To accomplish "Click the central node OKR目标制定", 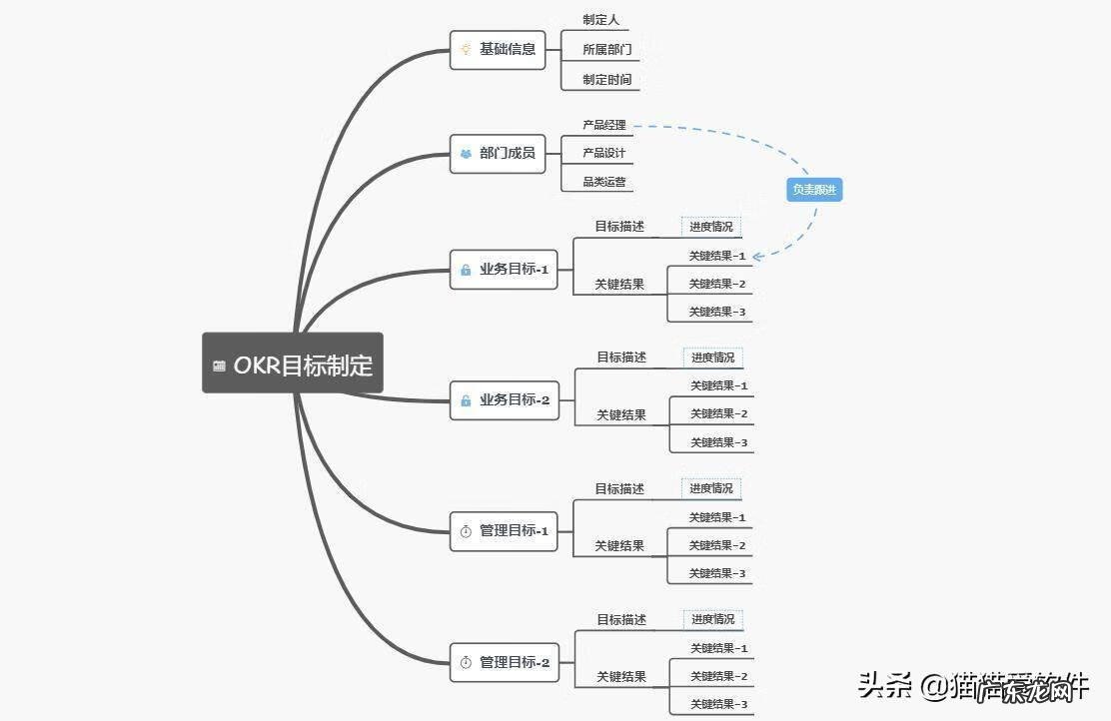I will pyautogui.click(x=293, y=363).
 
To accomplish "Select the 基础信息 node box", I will pyautogui.click(x=498, y=49).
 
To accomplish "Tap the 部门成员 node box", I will pyautogui.click(x=498, y=154).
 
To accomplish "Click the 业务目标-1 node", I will pyautogui.click(x=504, y=270).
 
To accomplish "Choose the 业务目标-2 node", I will pyautogui.click(x=505, y=400).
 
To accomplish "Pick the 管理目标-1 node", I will pyautogui.click(x=504, y=531).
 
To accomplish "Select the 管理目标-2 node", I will pyautogui.click(x=505, y=662).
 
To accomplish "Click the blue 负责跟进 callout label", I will pyautogui.click(x=814, y=189).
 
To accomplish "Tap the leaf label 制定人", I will pyautogui.click(x=600, y=20).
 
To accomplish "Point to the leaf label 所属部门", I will pyautogui.click(x=606, y=49).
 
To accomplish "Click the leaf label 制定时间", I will pyautogui.click(x=606, y=79).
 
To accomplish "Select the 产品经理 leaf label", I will pyautogui.click(x=604, y=125).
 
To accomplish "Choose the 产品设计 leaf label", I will pyautogui.click(x=604, y=154).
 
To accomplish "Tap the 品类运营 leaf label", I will pyautogui.click(x=604, y=183).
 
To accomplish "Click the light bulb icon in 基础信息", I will pyautogui.click(x=466, y=49).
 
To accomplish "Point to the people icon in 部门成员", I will pyautogui.click(x=466, y=154).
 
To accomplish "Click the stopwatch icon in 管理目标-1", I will pyautogui.click(x=466, y=531).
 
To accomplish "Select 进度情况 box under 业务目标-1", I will pyautogui.click(x=711, y=227).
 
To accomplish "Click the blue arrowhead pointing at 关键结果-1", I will pyautogui.click(x=758, y=257).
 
